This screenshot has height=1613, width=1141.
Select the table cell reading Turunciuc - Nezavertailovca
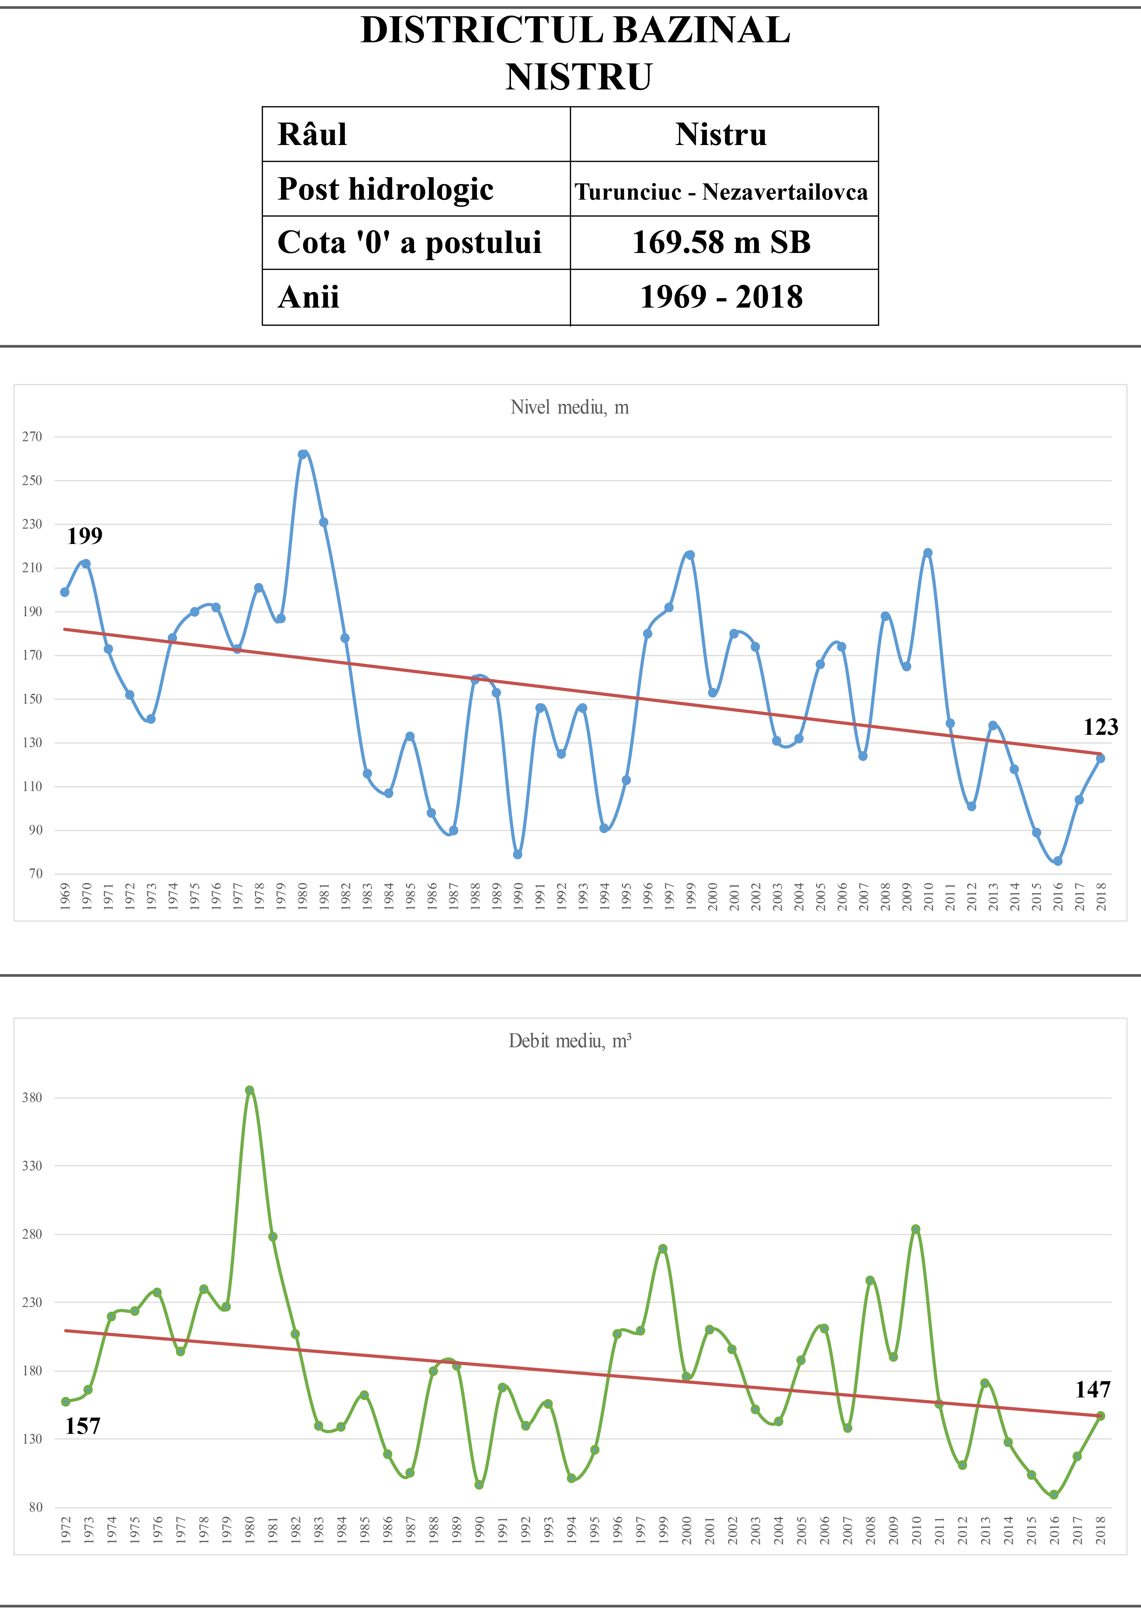[x=721, y=191]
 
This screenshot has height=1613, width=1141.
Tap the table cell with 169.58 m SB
[x=721, y=242]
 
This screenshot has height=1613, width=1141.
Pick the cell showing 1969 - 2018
[x=721, y=297]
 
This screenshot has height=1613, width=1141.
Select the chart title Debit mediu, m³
[x=570, y=1040]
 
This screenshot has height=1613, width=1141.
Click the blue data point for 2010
[x=927, y=553]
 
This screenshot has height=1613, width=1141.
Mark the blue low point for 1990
[x=518, y=854]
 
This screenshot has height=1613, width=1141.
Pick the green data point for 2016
[x=1054, y=1495]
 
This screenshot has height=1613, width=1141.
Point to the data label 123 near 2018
[x=1100, y=727]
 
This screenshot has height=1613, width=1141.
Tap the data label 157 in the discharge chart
[x=83, y=1426]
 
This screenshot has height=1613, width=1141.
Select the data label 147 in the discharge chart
[x=1093, y=1390]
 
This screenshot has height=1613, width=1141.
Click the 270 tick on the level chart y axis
[x=32, y=437]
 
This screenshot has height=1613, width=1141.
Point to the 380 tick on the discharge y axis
[x=32, y=1097]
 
